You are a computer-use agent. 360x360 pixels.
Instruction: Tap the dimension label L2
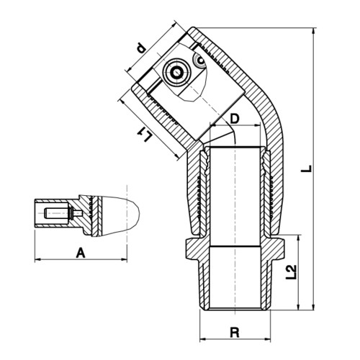292,272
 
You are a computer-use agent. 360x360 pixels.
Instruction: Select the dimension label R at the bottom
235,333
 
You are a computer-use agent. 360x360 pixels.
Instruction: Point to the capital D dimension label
235,119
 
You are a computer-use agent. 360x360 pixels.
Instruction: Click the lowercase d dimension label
141,48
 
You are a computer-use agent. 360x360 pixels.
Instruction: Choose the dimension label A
81,253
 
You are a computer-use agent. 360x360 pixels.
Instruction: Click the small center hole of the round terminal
177,72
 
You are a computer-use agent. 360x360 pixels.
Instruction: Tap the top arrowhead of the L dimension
313,31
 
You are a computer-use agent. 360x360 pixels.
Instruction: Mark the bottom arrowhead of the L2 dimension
298,307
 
